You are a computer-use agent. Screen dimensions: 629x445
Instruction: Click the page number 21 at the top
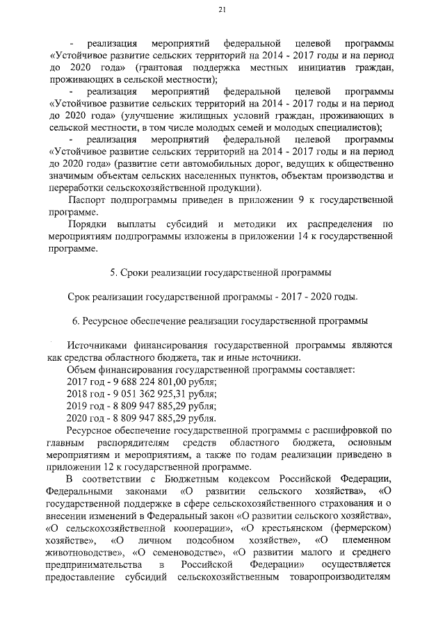(222, 9)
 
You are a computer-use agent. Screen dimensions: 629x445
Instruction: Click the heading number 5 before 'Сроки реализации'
(114, 271)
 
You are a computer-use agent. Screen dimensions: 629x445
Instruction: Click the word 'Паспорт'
(86, 201)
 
